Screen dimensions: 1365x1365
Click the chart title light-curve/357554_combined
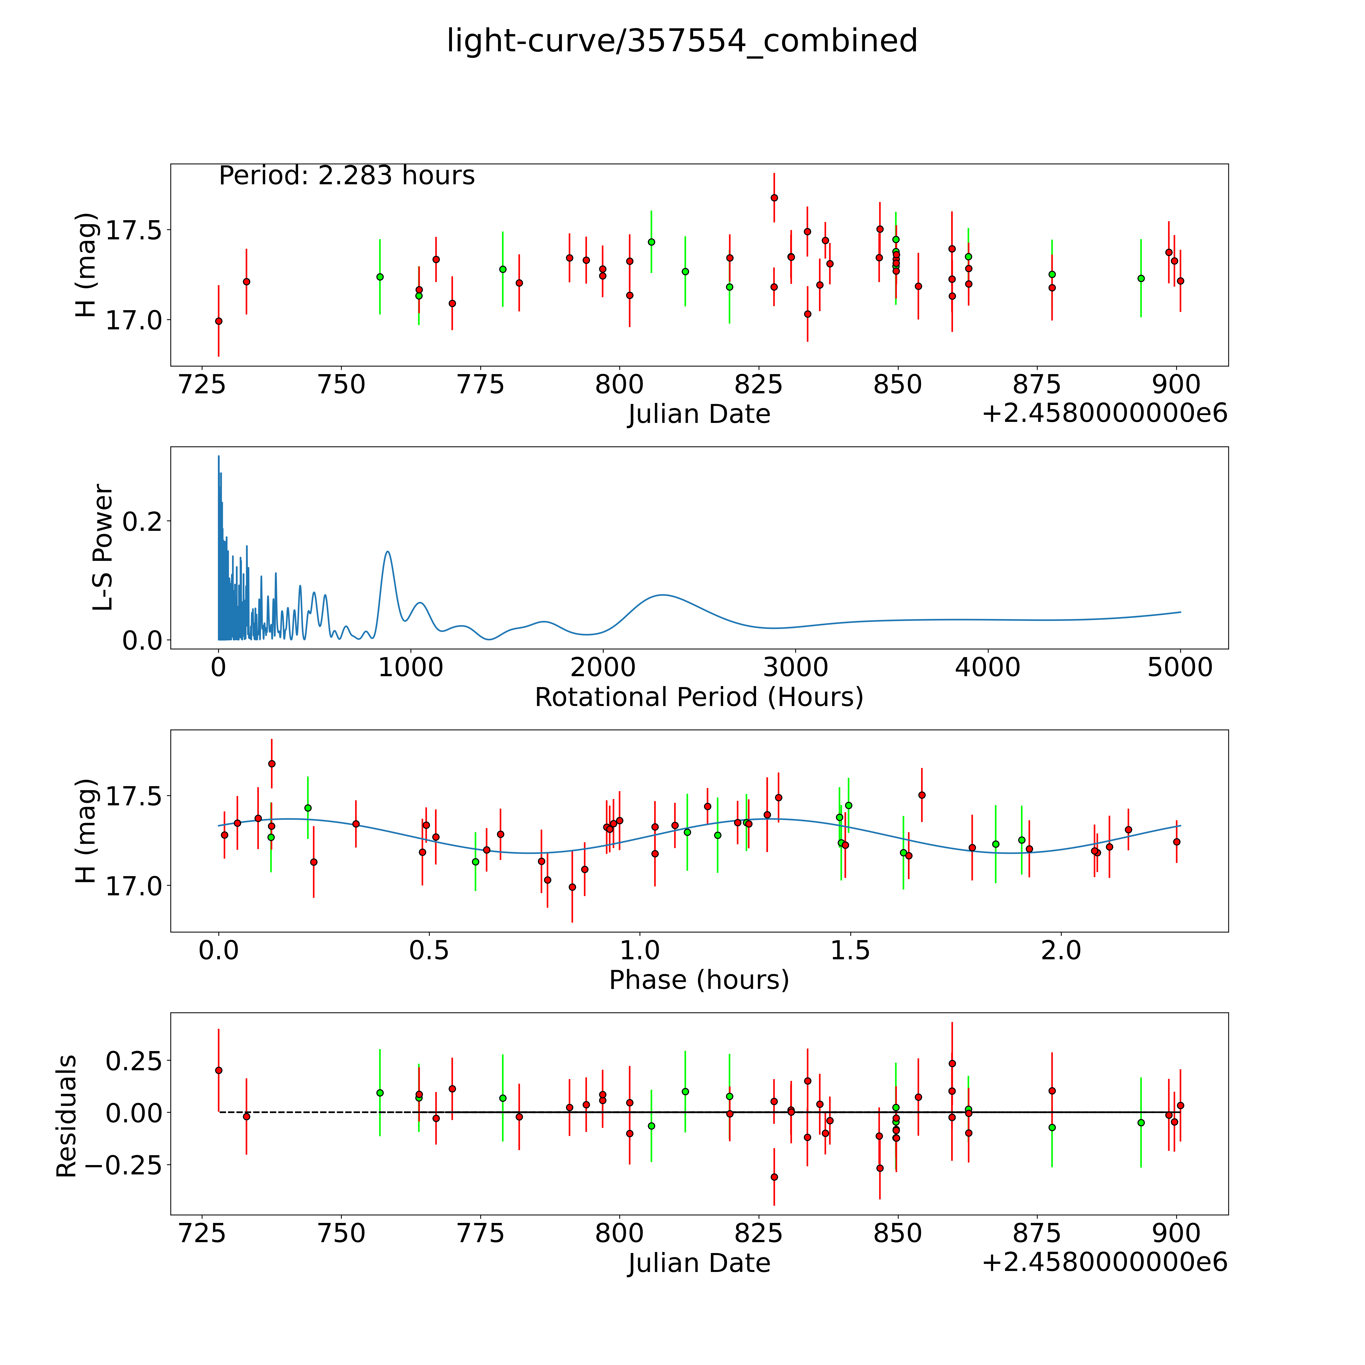[x=682, y=41]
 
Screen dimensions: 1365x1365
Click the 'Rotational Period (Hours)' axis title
[x=699, y=697]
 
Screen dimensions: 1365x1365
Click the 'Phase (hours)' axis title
[x=699, y=980]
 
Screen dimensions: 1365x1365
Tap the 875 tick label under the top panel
[x=1036, y=385]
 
